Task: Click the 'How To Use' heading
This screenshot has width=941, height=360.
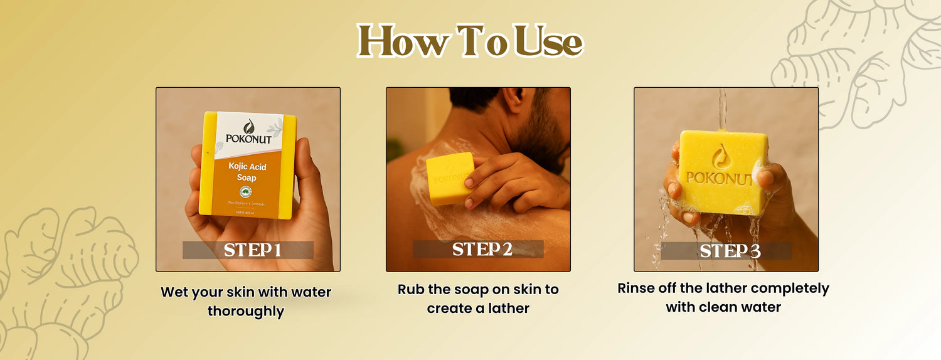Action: (x=470, y=42)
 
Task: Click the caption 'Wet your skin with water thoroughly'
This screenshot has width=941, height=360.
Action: (x=246, y=301)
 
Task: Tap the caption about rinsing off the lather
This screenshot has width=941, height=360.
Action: (x=723, y=297)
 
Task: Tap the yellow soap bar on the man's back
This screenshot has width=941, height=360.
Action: (x=449, y=177)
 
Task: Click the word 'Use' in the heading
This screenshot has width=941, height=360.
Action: (x=548, y=42)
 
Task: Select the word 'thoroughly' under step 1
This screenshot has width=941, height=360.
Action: (x=246, y=310)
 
